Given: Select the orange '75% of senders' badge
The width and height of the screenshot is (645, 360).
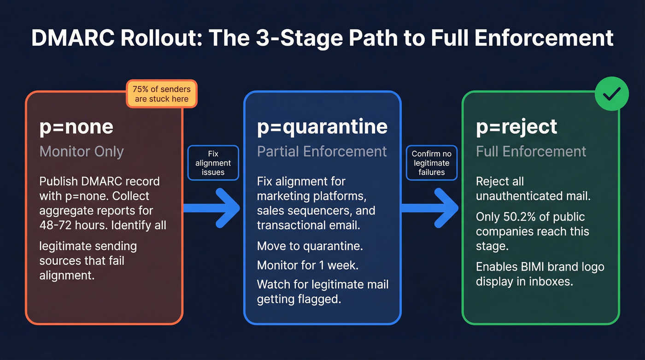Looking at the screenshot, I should point(161,94).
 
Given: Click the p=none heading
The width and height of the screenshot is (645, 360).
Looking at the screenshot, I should point(76,127).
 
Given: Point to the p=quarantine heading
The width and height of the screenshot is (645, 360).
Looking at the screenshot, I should point(322,127).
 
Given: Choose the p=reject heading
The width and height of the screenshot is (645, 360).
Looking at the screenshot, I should point(516,127).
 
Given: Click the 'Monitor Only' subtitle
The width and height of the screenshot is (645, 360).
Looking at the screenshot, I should point(82,151).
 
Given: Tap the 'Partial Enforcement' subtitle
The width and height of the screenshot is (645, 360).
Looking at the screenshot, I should point(322,151).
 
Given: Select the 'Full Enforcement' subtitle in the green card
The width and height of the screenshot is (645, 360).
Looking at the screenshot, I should point(531,151).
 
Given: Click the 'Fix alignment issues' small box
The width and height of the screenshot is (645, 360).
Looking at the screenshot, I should point(213,163).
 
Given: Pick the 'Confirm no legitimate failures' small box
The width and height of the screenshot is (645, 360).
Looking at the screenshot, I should point(431,163).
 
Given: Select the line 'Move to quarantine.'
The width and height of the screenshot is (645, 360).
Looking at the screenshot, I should point(310,246).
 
